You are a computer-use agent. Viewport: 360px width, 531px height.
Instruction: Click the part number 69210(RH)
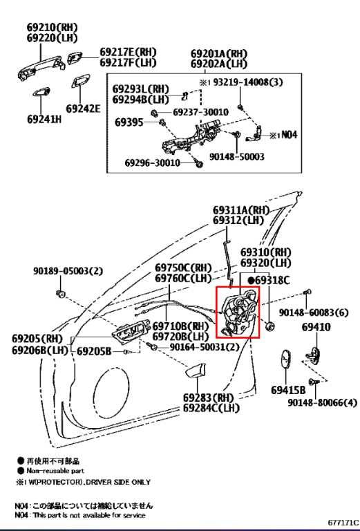52,27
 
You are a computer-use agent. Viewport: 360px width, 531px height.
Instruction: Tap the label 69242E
83,109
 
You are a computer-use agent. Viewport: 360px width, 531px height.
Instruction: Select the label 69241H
44,119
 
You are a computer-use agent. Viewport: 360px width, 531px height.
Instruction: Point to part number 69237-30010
200,112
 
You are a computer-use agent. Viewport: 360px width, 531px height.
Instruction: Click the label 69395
129,122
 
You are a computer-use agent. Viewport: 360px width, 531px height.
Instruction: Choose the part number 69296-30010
153,163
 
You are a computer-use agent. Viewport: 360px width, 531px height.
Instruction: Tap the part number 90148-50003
237,156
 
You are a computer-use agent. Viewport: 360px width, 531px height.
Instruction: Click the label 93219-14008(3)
248,82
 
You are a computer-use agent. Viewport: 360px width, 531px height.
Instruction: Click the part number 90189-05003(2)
68,271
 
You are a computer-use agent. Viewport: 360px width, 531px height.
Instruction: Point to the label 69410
316,327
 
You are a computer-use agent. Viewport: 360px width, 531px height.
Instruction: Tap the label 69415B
288,390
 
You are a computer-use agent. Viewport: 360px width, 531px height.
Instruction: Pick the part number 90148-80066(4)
323,402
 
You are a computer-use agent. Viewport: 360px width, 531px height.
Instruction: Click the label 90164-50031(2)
205,347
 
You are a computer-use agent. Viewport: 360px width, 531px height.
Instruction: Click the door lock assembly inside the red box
238,313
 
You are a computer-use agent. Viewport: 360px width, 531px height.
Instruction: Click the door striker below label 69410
314,355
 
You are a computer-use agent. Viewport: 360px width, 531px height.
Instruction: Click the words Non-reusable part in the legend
55,471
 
